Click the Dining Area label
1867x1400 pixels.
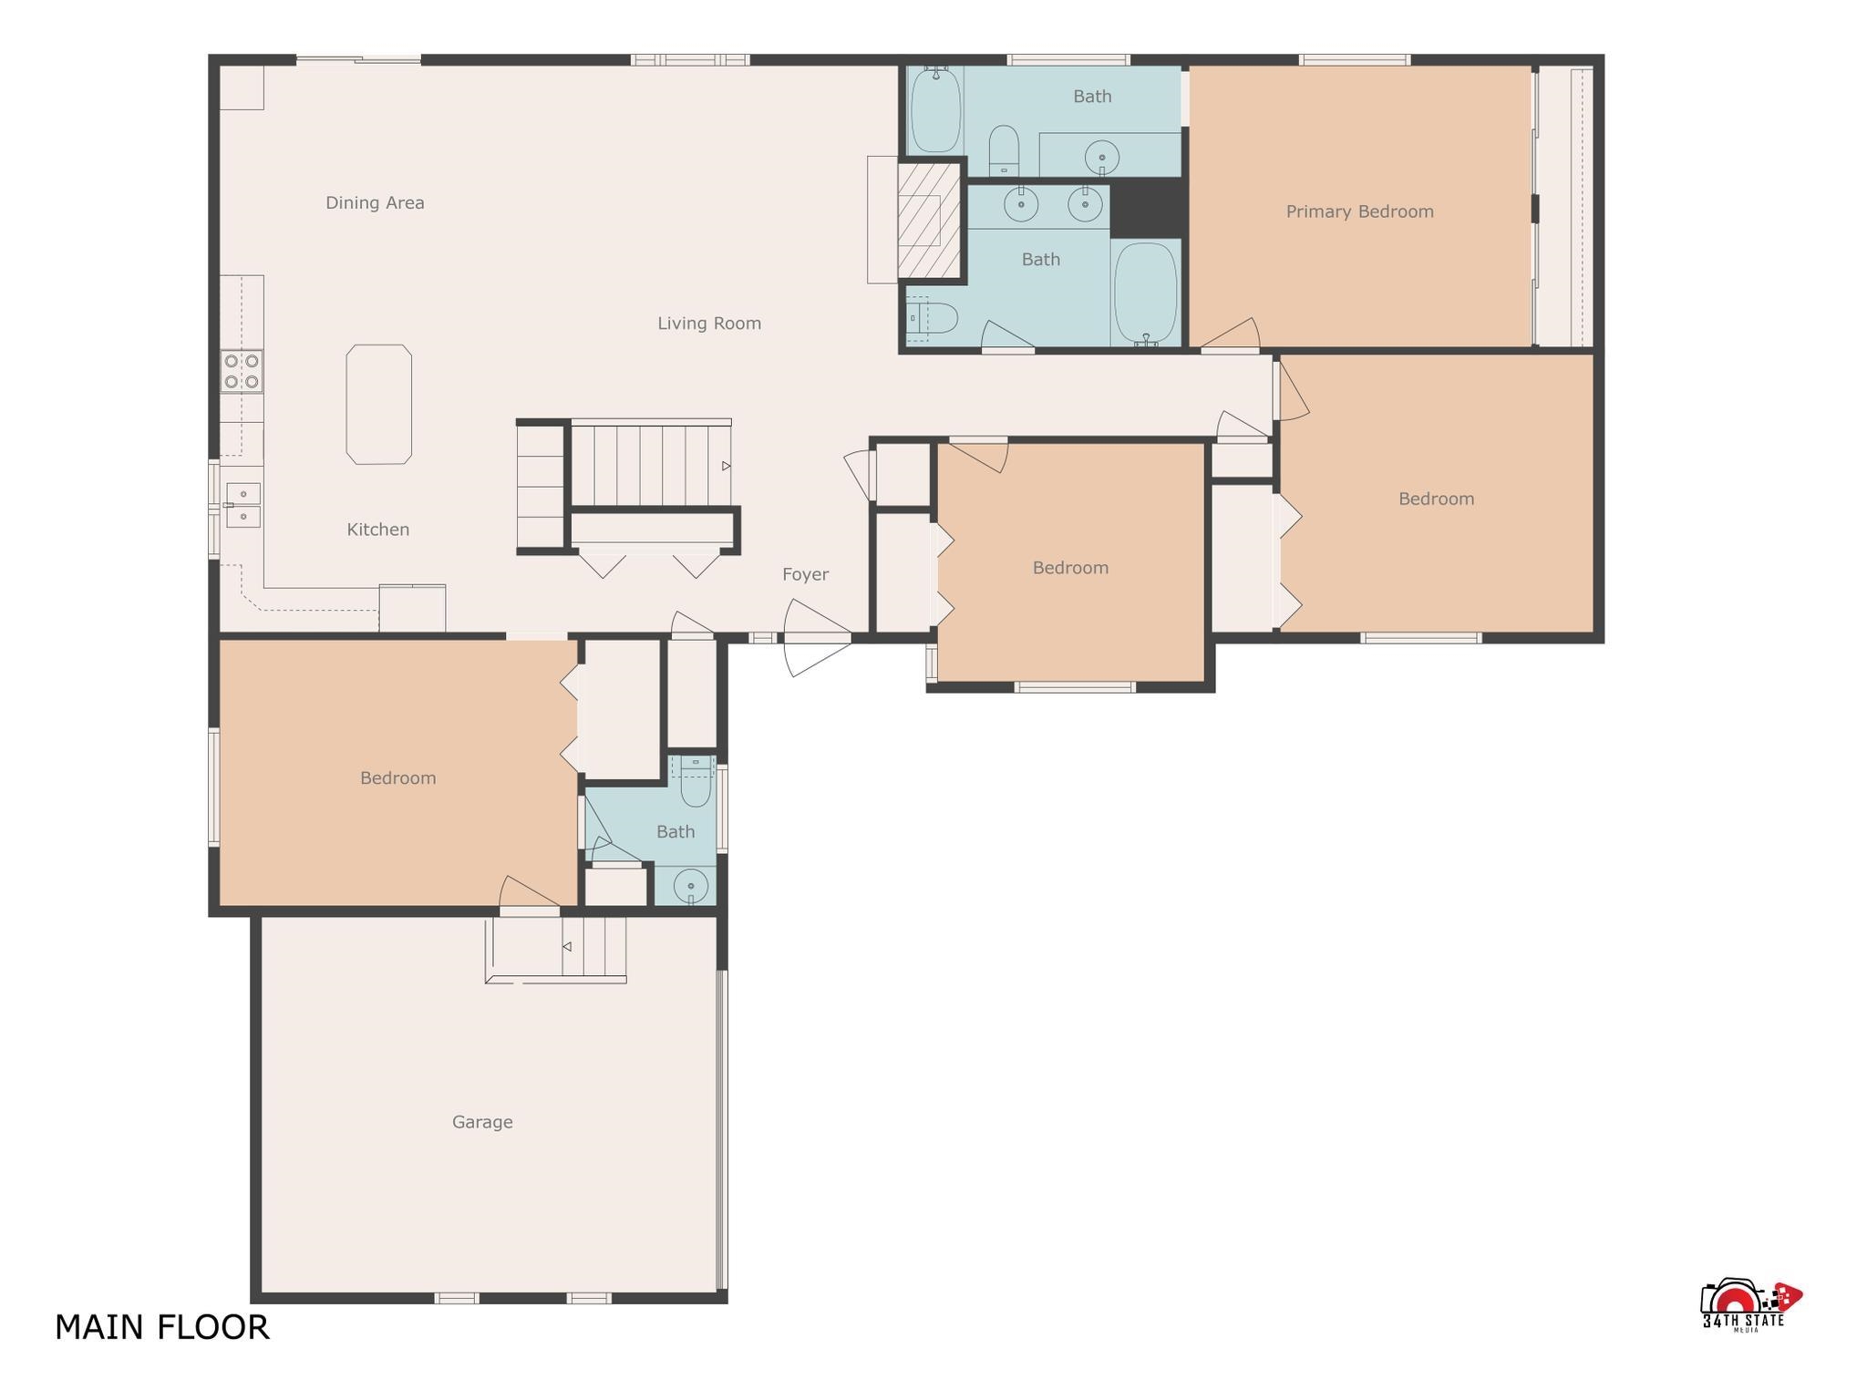375,202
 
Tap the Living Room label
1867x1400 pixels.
709,323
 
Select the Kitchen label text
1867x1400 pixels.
378,530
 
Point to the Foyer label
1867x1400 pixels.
805,574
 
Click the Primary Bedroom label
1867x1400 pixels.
1360,211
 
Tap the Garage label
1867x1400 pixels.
482,1122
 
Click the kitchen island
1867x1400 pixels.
378,404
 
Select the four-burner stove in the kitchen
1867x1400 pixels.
242,372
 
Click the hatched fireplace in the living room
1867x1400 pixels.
929,221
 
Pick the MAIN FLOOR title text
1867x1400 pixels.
162,1327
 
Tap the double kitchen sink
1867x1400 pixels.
243,505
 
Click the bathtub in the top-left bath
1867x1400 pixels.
935,109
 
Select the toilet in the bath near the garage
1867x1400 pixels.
696,781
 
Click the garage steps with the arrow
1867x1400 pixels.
556,949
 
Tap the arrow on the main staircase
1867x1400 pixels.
727,466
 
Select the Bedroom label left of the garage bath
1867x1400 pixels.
398,778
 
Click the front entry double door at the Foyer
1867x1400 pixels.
817,638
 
